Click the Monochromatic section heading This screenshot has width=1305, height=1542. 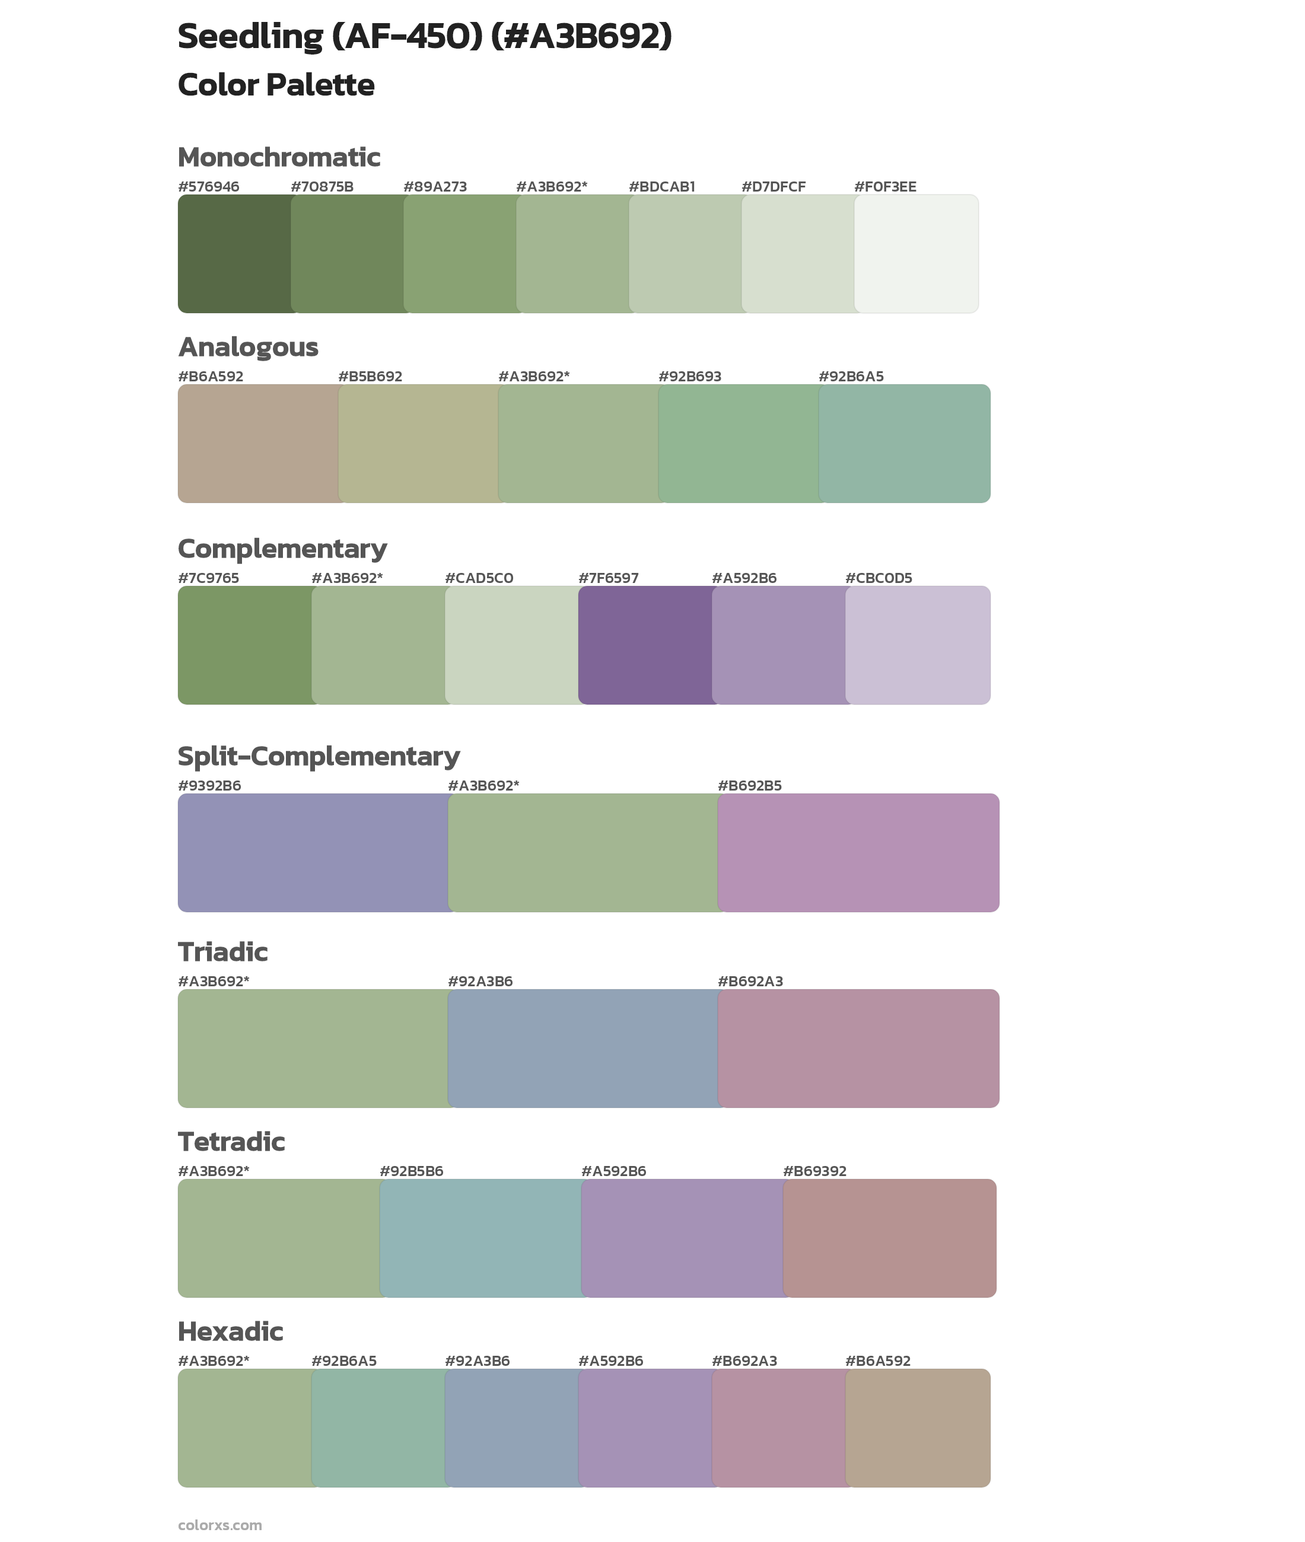point(279,158)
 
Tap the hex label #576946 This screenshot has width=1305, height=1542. point(209,187)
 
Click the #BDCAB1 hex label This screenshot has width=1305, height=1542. point(661,187)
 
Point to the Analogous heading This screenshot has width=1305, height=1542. point(248,347)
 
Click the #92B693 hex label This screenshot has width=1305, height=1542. point(689,377)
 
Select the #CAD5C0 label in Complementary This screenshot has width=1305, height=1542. point(479,578)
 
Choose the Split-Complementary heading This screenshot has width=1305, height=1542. point(318,757)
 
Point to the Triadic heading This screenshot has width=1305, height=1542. point(222,952)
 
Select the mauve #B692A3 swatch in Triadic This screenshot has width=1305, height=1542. point(858,1049)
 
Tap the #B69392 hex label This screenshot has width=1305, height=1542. point(814,1171)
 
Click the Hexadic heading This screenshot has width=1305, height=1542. point(230,1332)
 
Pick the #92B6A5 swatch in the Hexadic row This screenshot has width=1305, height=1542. point(378,1428)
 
